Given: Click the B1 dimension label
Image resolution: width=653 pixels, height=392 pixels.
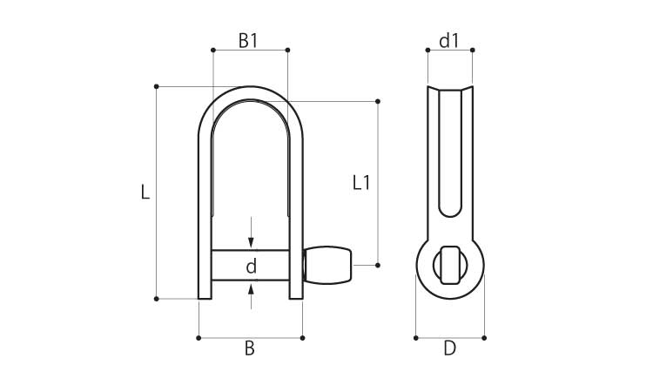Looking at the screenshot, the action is click(248, 41).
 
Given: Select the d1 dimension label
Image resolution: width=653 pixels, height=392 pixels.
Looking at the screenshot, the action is click(449, 41).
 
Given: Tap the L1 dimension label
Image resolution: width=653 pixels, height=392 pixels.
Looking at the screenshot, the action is click(360, 183).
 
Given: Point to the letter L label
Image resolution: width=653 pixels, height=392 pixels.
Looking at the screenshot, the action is click(145, 192).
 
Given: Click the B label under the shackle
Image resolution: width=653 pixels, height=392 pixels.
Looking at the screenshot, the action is click(250, 348).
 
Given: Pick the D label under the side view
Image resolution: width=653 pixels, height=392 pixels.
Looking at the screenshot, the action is click(450, 348).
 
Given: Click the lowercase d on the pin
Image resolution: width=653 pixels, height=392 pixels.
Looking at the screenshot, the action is click(251, 267).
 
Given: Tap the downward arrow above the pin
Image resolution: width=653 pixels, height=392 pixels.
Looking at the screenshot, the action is click(251, 233).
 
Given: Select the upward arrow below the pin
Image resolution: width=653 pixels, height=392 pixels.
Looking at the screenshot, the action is click(251, 296).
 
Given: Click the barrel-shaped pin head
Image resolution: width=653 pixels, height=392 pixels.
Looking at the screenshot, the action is click(328, 265).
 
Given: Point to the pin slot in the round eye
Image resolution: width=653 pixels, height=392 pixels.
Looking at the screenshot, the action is click(450, 265).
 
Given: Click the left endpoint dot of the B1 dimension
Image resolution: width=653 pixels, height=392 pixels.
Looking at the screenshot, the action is click(213, 50).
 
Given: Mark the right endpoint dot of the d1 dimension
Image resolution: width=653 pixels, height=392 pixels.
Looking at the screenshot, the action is click(472, 50).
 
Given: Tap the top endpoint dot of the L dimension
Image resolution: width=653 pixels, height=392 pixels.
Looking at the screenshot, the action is click(156, 86).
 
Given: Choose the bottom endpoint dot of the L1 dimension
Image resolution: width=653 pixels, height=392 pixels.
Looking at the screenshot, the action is click(378, 265).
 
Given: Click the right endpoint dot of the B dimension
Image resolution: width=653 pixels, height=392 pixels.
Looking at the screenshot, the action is click(302, 338).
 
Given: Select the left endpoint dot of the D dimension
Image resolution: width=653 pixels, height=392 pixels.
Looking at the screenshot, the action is click(415, 338).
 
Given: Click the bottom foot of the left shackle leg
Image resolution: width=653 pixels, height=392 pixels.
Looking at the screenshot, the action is click(205, 296).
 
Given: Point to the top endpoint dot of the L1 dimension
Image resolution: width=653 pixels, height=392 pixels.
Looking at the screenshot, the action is click(378, 101).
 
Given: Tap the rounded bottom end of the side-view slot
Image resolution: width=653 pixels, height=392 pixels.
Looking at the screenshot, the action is click(450, 213).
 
